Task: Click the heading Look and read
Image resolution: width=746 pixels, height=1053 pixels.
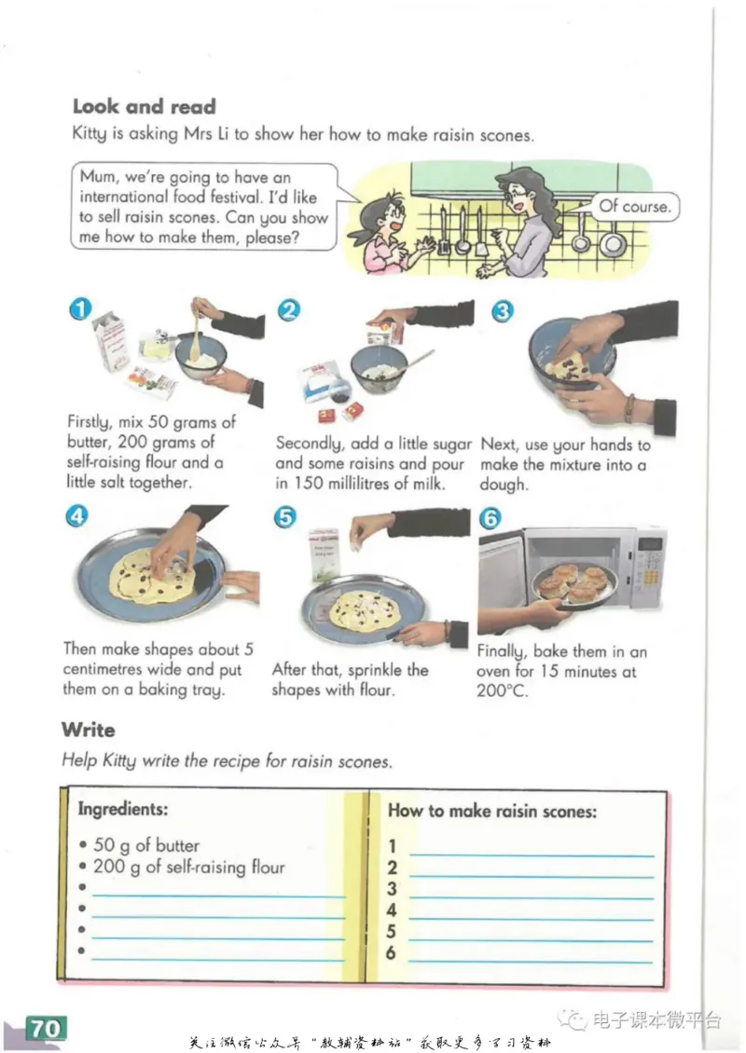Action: pyautogui.click(x=145, y=106)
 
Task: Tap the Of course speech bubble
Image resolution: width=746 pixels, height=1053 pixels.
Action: pyautogui.click(x=634, y=206)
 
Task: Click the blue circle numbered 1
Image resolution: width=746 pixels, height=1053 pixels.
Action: pyautogui.click(x=80, y=309)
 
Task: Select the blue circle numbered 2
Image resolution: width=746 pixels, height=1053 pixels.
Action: pyautogui.click(x=289, y=310)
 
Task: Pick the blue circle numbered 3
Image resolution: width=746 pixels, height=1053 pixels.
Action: pyautogui.click(x=503, y=311)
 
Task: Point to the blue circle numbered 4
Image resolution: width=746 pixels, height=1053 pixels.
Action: pyautogui.click(x=77, y=515)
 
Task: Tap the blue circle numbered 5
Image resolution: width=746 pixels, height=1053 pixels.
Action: pyautogui.click(x=285, y=517)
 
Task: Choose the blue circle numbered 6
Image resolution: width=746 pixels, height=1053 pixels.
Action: pyautogui.click(x=490, y=518)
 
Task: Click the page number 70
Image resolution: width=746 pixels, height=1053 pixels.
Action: pyautogui.click(x=46, y=1028)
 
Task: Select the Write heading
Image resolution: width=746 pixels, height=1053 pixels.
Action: pyautogui.click(x=88, y=730)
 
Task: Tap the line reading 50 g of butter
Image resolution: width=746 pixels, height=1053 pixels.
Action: pyautogui.click(x=146, y=845)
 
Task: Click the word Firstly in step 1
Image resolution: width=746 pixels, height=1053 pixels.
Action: pyautogui.click(x=90, y=422)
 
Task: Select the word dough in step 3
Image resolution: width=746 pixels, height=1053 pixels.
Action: pyautogui.click(x=504, y=485)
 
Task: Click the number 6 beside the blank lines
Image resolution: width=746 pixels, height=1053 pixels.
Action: pyautogui.click(x=391, y=952)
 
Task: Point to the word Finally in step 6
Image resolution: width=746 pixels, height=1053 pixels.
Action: pyautogui.click(x=500, y=651)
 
